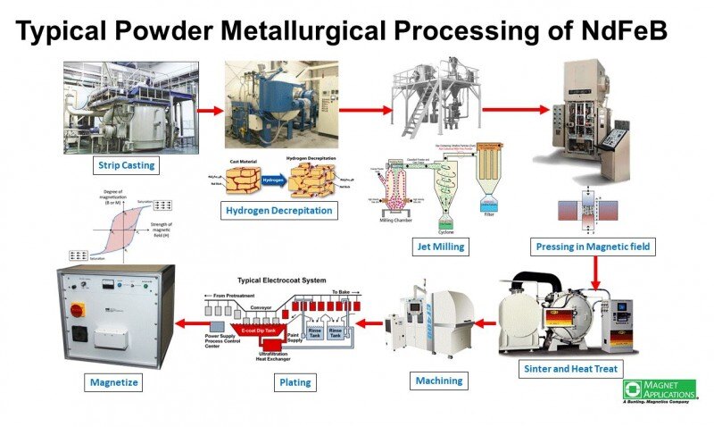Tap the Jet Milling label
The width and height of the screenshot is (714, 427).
click(437, 246)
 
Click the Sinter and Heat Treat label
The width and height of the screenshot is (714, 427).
click(569, 367)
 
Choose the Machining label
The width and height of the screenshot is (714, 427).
click(438, 381)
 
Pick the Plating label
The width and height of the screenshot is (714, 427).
click(295, 382)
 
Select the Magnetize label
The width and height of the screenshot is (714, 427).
click(113, 382)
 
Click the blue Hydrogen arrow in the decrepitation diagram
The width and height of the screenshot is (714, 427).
click(273, 179)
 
